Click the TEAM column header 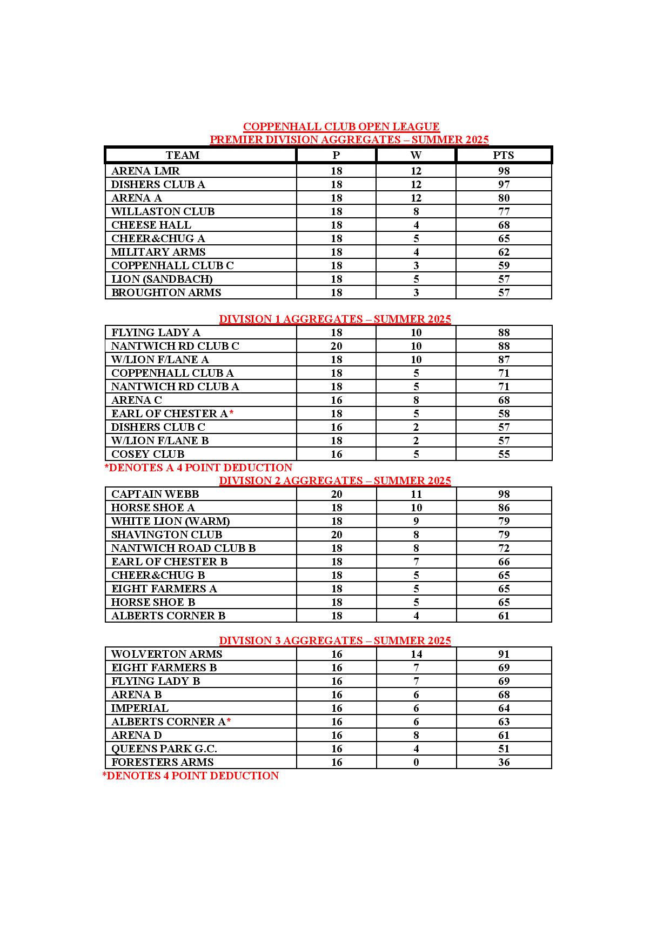click(183, 156)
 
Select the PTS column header click(504, 156)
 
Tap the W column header click(416, 156)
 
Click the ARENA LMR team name click(145, 171)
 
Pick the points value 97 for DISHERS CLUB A click(504, 185)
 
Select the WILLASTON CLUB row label click(163, 212)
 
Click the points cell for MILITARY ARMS click(504, 252)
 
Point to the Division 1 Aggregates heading click(335, 319)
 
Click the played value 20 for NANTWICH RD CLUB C click(336, 346)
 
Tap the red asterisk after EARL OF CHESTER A click(231, 413)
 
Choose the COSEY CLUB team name click(148, 455)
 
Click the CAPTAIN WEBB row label click(155, 495)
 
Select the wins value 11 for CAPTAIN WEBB click(416, 495)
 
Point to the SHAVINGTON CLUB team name click(166, 535)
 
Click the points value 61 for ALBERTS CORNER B click(504, 616)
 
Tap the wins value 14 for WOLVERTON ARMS click(416, 655)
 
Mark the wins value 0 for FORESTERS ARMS click(416, 763)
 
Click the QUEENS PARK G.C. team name click(164, 749)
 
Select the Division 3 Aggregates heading click(335, 640)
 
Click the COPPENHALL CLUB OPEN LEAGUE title click(341, 126)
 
